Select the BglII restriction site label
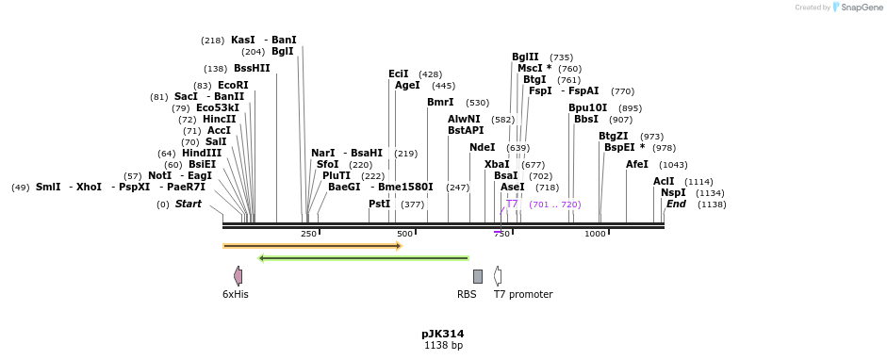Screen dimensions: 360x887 [x=525, y=57]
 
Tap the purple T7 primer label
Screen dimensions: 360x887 [x=512, y=204]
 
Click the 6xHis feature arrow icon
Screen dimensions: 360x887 [x=238, y=275]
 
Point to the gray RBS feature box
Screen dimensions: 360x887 [x=478, y=276]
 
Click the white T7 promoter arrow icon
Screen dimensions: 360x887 [x=498, y=275]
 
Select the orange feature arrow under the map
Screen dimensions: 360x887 [x=312, y=246]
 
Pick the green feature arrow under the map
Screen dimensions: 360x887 [x=363, y=257]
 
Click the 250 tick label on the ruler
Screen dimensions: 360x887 [x=308, y=234]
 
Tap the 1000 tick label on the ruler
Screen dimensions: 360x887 [x=595, y=234]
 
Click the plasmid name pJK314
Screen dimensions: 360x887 [x=442, y=334]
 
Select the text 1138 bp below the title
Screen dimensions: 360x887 [x=442, y=346]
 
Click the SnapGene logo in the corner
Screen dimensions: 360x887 [x=860, y=8]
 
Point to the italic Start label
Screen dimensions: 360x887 [x=189, y=204]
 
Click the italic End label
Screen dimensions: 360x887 [x=676, y=204]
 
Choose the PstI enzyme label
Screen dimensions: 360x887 [x=379, y=204]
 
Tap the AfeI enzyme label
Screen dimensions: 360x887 [x=637, y=164]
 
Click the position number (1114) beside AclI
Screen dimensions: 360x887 [x=698, y=182]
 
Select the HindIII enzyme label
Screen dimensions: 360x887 [x=202, y=153]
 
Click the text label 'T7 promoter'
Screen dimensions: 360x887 [x=523, y=294]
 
